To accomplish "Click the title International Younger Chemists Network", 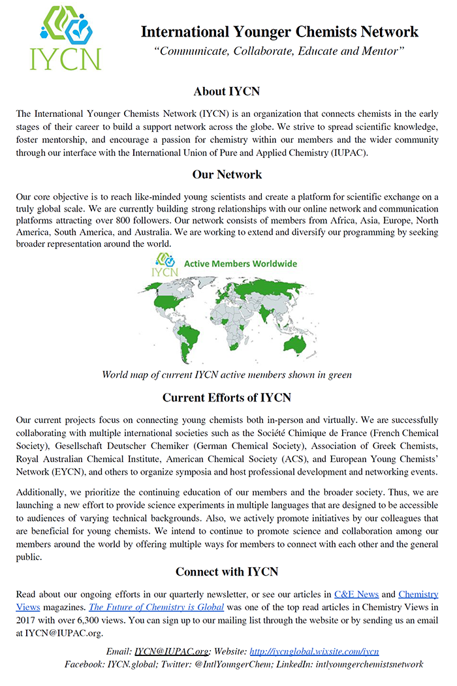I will [279, 31].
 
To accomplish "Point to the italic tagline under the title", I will [279, 51].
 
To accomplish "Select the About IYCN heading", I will [227, 91].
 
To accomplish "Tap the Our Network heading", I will [227, 174].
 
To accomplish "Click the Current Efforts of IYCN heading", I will [227, 398].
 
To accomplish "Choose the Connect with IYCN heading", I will [227, 572].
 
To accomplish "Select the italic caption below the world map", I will [227, 375].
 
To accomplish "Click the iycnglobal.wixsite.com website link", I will [314, 651].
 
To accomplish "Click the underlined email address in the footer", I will [172, 651].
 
